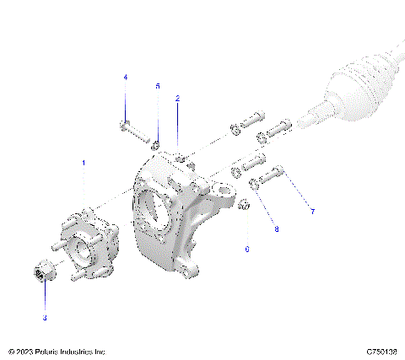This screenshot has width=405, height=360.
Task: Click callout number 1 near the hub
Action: (83, 160)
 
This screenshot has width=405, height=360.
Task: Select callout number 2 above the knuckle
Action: (178, 99)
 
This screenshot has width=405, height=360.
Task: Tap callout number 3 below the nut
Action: (45, 318)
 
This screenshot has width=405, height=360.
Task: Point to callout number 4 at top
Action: (126, 78)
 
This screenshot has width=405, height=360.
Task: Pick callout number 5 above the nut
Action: (157, 86)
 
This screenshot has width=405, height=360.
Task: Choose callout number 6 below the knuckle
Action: (247, 249)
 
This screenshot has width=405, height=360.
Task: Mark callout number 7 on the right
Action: (311, 211)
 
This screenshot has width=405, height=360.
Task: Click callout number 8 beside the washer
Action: (275, 228)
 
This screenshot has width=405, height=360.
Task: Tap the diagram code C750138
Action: (382, 351)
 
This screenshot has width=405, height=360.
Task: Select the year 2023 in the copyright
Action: (28, 351)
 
